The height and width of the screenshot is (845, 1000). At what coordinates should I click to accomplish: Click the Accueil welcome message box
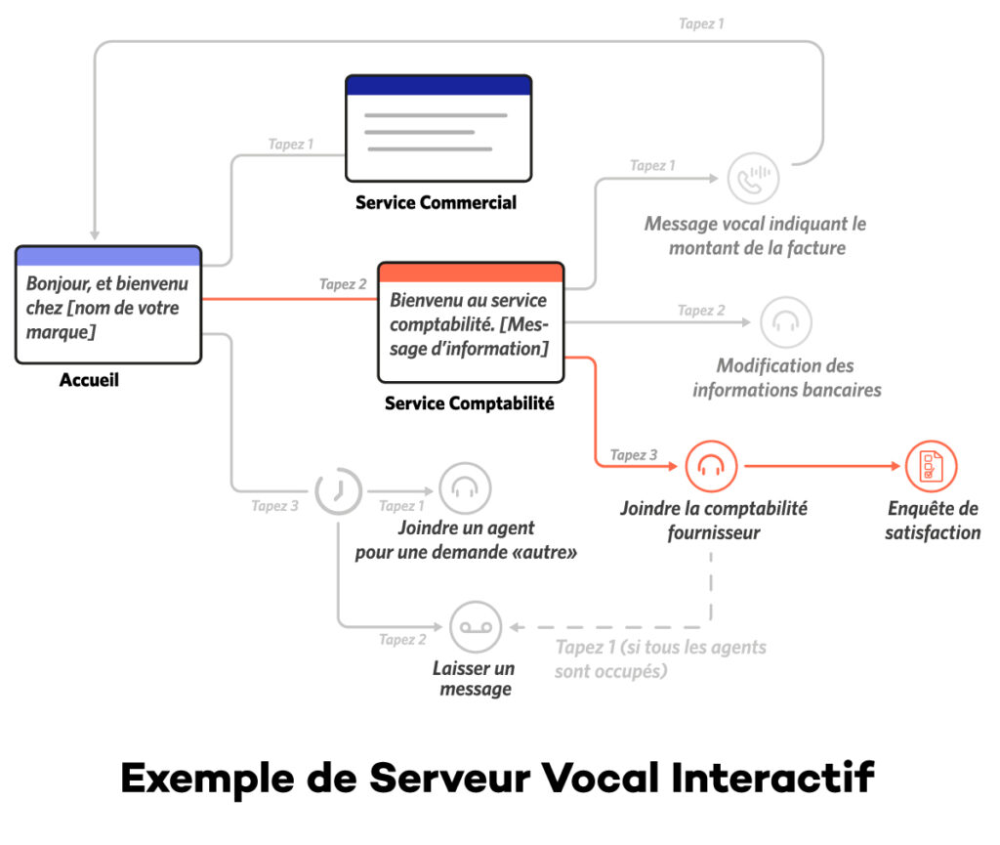[x=108, y=304]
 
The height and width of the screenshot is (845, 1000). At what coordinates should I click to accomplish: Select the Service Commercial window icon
[x=438, y=128]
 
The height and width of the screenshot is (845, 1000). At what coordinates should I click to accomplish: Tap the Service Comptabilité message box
[x=471, y=322]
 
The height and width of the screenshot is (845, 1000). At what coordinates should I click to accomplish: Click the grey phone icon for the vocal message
[x=753, y=179]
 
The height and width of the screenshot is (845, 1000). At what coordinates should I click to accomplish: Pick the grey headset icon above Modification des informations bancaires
[x=785, y=321]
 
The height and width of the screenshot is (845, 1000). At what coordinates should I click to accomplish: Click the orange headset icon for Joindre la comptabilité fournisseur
[x=711, y=467]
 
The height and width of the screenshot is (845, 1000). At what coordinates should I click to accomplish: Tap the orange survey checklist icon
[x=931, y=467]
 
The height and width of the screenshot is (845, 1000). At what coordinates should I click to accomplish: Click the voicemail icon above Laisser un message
[x=475, y=627]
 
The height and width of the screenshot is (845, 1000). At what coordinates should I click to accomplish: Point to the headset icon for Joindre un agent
[x=465, y=487]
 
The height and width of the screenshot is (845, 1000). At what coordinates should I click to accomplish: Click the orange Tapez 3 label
[x=634, y=455]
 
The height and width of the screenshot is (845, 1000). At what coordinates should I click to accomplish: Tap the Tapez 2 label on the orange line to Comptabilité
[x=343, y=284]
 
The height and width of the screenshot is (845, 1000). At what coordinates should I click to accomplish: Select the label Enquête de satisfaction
[x=933, y=521]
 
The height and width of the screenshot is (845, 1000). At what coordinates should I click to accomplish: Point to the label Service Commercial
[x=436, y=203]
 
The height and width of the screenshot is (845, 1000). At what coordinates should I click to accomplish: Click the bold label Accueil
[x=89, y=380]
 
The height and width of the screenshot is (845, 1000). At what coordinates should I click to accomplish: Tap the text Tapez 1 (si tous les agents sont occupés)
[x=660, y=659]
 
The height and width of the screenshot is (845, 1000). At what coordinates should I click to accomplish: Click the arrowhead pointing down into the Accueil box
[x=95, y=234]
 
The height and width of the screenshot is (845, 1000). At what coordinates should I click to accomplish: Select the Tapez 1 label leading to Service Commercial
[x=291, y=145]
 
